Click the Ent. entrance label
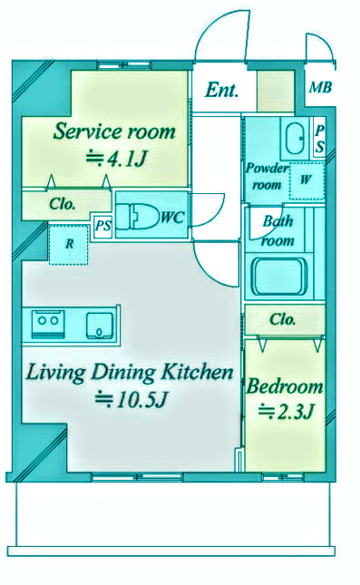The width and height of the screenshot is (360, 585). point(221,91)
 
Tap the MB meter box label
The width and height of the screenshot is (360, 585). point(320,88)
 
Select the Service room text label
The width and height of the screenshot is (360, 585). point(114,132)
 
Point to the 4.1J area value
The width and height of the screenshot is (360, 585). point(116,159)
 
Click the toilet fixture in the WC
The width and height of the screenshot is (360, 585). point(135,217)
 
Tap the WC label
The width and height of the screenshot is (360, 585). point(172,218)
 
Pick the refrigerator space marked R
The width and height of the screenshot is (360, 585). point(69,244)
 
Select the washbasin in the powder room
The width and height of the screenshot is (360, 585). point(295,139)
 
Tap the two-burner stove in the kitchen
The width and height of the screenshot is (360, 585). point(48,323)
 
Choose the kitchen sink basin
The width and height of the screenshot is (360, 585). point(100,326)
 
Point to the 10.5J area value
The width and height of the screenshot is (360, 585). point(131,400)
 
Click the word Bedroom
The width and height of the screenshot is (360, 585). point(284,386)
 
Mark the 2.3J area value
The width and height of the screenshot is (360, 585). point(286,412)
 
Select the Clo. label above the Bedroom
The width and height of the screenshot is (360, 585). point(283,319)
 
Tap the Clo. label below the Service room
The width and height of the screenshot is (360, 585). point(63,204)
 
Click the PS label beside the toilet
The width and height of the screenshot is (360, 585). point(102,226)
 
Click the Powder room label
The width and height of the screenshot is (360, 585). point(268,176)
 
